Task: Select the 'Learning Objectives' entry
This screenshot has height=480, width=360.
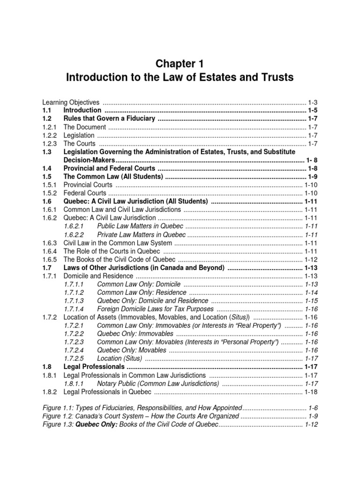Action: pos(71,102)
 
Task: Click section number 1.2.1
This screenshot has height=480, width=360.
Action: pos(49,127)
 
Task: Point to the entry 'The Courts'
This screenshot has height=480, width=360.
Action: pos(79,143)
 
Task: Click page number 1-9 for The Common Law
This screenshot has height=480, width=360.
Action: pos(313,177)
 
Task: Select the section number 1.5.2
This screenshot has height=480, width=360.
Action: pos(49,193)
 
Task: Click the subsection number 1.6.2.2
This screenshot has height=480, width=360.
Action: pos(74,235)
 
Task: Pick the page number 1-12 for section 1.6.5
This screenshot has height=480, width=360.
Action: pos(311,260)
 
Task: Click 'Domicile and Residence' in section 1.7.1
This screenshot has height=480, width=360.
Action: pos(98,276)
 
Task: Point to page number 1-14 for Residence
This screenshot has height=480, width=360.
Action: pos(311,292)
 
